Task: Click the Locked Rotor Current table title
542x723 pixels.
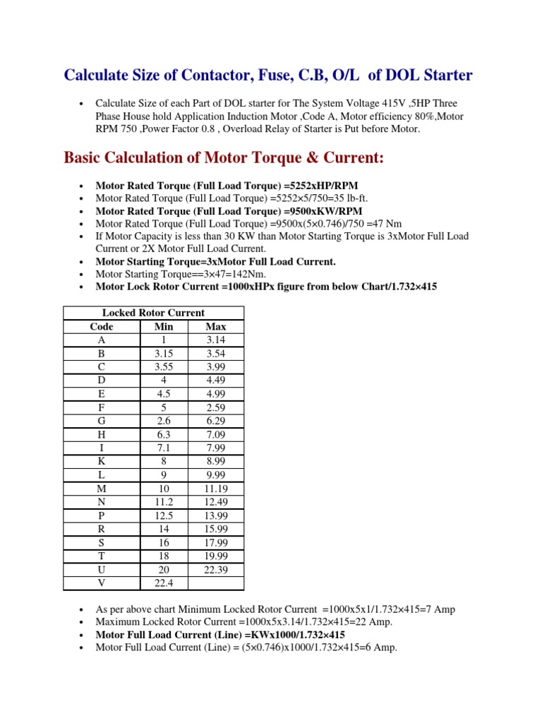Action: (x=153, y=313)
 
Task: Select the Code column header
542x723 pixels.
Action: (x=102, y=326)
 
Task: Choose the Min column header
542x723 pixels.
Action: (x=163, y=326)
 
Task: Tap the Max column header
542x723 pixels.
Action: (x=216, y=326)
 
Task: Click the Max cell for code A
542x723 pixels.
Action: (x=216, y=340)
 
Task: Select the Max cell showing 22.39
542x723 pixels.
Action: (x=216, y=569)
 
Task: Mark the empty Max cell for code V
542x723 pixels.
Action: (x=216, y=582)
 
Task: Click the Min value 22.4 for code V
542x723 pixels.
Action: (x=163, y=582)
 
